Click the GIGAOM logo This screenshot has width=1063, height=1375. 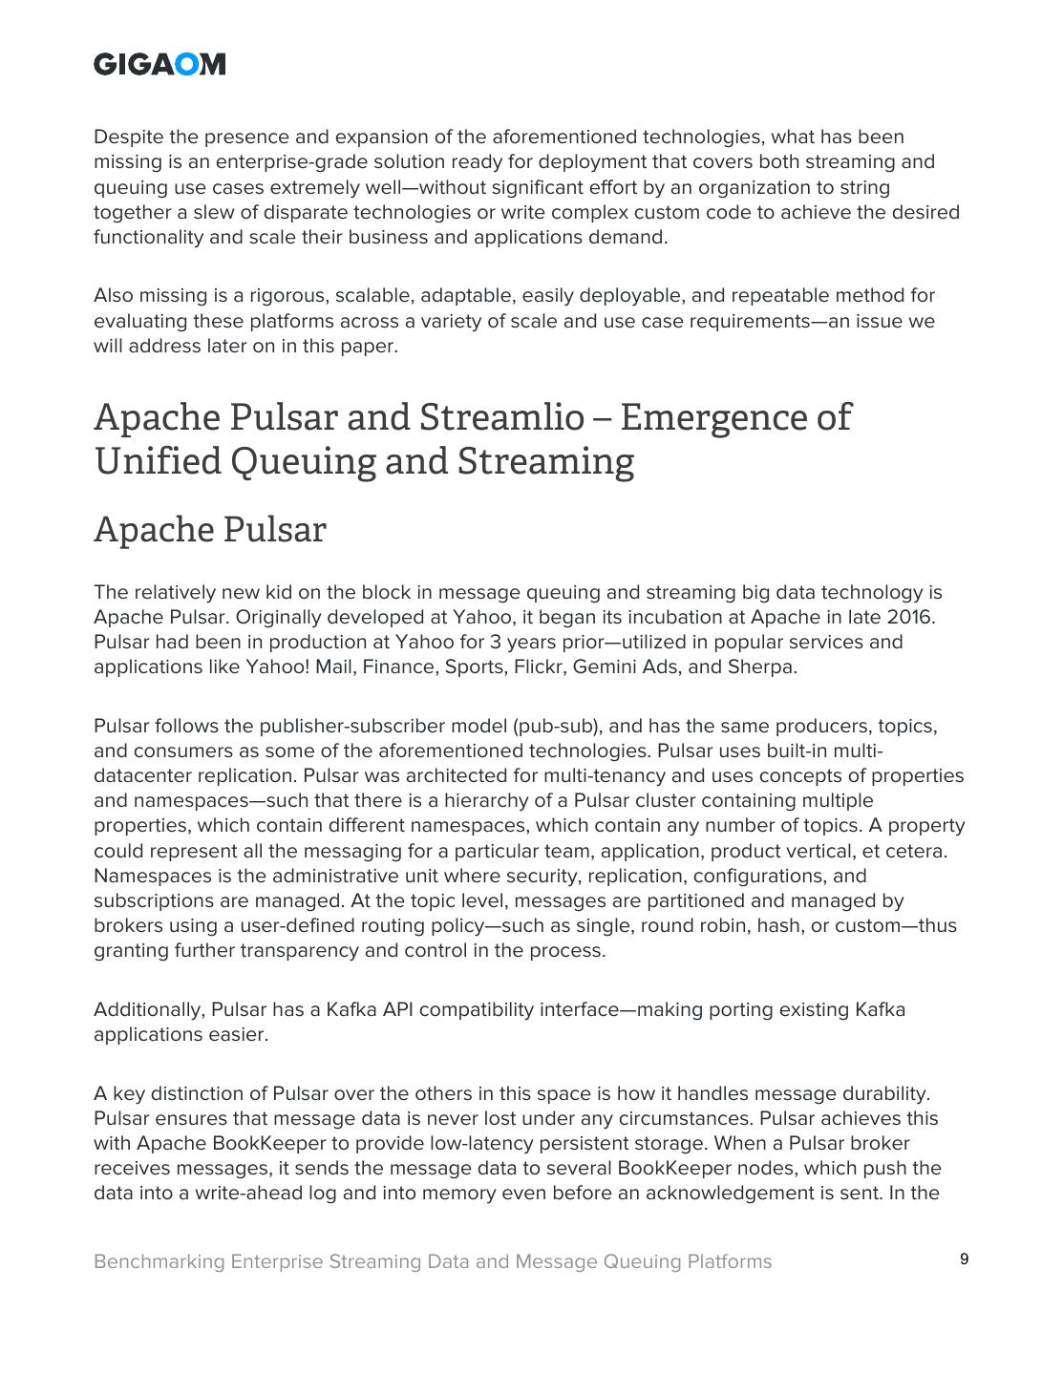[x=159, y=64]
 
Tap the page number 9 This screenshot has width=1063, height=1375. [x=964, y=1259]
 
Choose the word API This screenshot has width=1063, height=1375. [x=397, y=1009]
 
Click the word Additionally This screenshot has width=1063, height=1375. [x=149, y=1009]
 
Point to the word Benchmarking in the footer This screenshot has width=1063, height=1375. [x=159, y=1261]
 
